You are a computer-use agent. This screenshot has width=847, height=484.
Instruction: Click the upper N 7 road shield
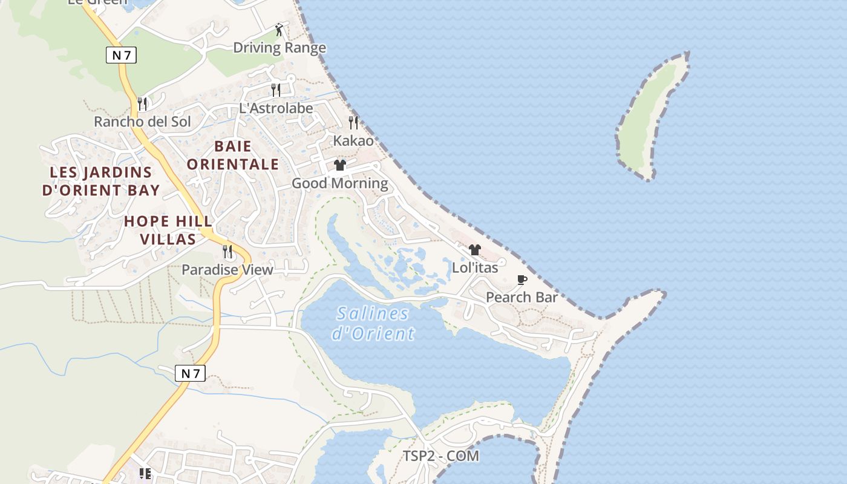pyautogui.click(x=122, y=55)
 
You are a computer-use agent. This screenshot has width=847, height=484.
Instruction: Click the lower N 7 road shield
pyautogui.click(x=190, y=373)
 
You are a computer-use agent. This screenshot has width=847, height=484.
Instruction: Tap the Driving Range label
pyautogui.click(x=280, y=48)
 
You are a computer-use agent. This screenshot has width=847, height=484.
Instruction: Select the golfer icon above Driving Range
pyautogui.click(x=279, y=30)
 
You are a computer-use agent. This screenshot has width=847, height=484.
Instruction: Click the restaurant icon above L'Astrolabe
pyautogui.click(x=276, y=90)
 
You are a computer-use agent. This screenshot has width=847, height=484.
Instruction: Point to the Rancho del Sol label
pyautogui.click(x=142, y=122)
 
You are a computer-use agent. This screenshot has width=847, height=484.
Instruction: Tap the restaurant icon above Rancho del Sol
pyautogui.click(x=142, y=103)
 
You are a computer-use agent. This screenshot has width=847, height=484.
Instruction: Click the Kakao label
pyautogui.click(x=353, y=141)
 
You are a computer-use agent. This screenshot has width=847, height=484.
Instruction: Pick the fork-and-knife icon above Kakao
pyautogui.click(x=353, y=123)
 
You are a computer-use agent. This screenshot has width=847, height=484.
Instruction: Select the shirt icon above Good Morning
pyautogui.click(x=340, y=165)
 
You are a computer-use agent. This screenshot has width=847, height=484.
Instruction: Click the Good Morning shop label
pyautogui.click(x=340, y=183)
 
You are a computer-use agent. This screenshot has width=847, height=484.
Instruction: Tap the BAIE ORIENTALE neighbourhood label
pyautogui.click(x=233, y=155)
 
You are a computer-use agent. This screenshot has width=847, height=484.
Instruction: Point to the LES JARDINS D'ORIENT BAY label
pyautogui.click(x=101, y=181)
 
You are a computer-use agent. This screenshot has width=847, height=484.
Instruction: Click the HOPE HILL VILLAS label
pyautogui.click(x=168, y=230)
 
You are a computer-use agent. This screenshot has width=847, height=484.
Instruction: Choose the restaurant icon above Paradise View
pyautogui.click(x=227, y=252)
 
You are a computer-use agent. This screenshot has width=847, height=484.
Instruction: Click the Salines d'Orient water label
pyautogui.click(x=373, y=323)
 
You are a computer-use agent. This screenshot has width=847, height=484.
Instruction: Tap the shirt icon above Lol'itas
pyautogui.click(x=475, y=250)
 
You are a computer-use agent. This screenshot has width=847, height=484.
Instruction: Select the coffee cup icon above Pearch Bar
pyautogui.click(x=522, y=280)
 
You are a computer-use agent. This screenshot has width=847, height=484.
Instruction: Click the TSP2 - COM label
pyautogui.click(x=441, y=456)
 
